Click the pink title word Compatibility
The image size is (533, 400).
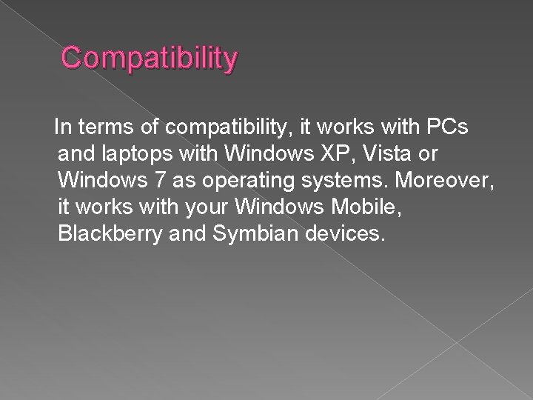click(x=150, y=58)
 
